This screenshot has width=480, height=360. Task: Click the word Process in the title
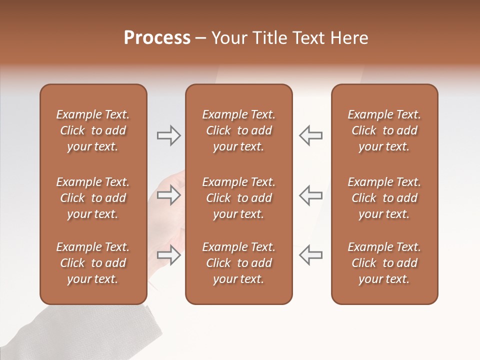click(157, 38)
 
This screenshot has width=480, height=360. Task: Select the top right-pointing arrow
click(169, 135)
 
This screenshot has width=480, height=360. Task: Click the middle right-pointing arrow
click(169, 195)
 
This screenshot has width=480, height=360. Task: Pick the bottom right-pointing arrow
click(169, 255)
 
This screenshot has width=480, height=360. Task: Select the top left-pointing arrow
click(310, 135)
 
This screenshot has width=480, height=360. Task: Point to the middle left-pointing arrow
click(310, 195)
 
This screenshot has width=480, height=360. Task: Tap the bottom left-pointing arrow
click(310, 255)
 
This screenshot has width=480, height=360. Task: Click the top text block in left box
click(93, 130)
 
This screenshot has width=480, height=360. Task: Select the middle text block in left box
click(93, 198)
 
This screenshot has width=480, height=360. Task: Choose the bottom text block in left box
click(93, 263)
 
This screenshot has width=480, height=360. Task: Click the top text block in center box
click(238, 130)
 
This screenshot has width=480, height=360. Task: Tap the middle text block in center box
click(238, 198)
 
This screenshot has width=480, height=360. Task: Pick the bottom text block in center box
click(238, 263)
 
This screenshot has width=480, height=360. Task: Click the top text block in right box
click(384, 130)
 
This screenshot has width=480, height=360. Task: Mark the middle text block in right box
click(384, 198)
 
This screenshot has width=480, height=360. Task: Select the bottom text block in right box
click(384, 263)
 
